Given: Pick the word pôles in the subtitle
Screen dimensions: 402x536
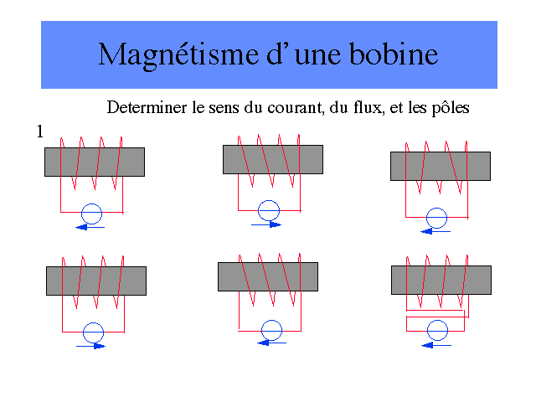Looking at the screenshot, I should click(x=448, y=108).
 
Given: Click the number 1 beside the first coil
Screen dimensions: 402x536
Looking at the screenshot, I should click(x=39, y=131).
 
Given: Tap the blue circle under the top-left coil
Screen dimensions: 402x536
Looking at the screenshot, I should click(x=92, y=212).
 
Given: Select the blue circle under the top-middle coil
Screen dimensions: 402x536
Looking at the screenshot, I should click(x=269, y=209).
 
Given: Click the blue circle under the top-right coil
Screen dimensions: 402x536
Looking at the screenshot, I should click(x=435, y=218).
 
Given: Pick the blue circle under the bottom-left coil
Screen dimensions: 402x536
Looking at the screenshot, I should click(x=94, y=330).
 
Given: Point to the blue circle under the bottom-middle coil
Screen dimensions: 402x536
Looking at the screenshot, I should click(x=271, y=328).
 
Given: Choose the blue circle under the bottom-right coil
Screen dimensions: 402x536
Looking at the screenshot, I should click(x=435, y=330).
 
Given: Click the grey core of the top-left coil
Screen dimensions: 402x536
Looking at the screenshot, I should click(x=95, y=162).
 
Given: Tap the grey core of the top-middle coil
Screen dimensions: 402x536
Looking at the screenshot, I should click(x=273, y=159).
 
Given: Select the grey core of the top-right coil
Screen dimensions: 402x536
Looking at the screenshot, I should click(x=441, y=166).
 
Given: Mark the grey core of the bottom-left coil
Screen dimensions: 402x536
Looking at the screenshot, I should click(x=96, y=281).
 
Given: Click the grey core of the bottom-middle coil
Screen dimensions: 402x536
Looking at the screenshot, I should click(x=268, y=276).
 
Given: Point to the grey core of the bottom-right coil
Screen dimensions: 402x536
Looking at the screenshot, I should click(x=441, y=280).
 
